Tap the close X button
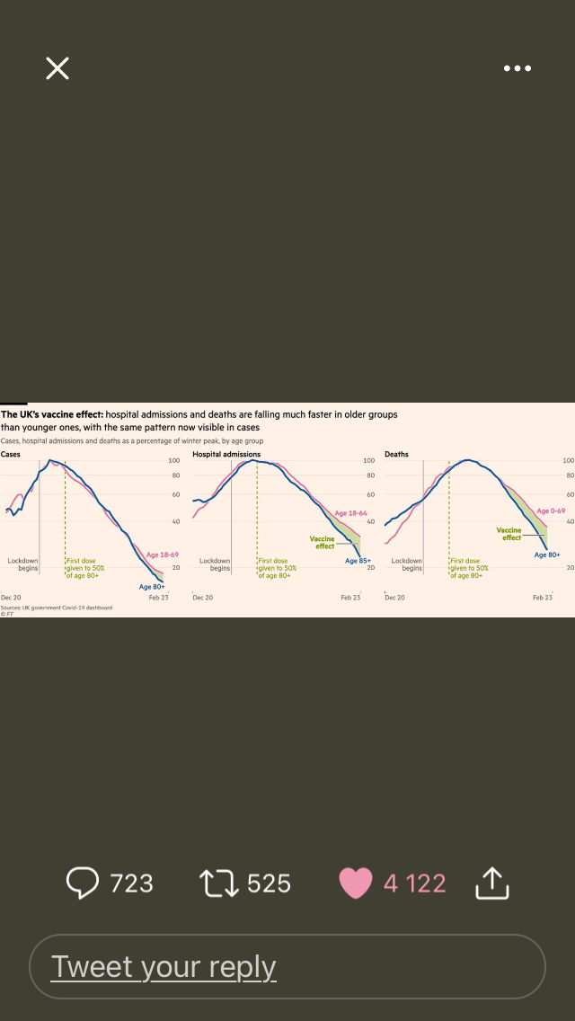click(x=57, y=68)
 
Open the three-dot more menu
click(x=517, y=68)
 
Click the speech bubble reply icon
click(x=83, y=883)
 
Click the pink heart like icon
click(x=355, y=883)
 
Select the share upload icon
click(x=491, y=883)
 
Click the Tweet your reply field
click(x=287, y=967)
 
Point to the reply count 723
click(x=131, y=883)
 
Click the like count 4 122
click(x=414, y=883)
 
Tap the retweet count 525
click(x=269, y=883)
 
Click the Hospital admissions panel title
click(x=226, y=454)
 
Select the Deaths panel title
click(x=396, y=454)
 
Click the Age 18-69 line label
click(x=163, y=555)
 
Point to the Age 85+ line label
click(x=358, y=561)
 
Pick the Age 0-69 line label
click(x=551, y=511)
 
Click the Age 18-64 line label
click(x=350, y=513)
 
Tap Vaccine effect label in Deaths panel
click(x=509, y=534)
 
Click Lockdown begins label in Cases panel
click(x=23, y=564)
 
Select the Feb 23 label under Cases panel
click(x=158, y=598)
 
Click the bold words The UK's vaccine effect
click(x=52, y=414)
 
